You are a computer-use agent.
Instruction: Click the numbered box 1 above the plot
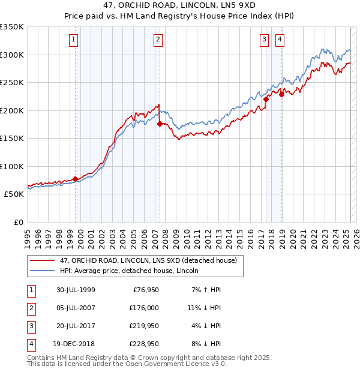pos(73,40)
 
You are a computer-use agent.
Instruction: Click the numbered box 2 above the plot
pos(158,40)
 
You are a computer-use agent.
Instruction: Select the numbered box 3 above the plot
pos(264,40)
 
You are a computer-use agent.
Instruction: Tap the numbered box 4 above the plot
pos(280,40)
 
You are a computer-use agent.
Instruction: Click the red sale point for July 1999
pos(75,179)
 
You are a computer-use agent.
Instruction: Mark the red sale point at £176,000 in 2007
pos(160,124)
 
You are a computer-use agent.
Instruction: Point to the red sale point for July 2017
pos(266,100)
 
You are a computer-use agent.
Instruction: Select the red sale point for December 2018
pos(281,94)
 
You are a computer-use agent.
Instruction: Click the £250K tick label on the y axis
pos(12,82)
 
